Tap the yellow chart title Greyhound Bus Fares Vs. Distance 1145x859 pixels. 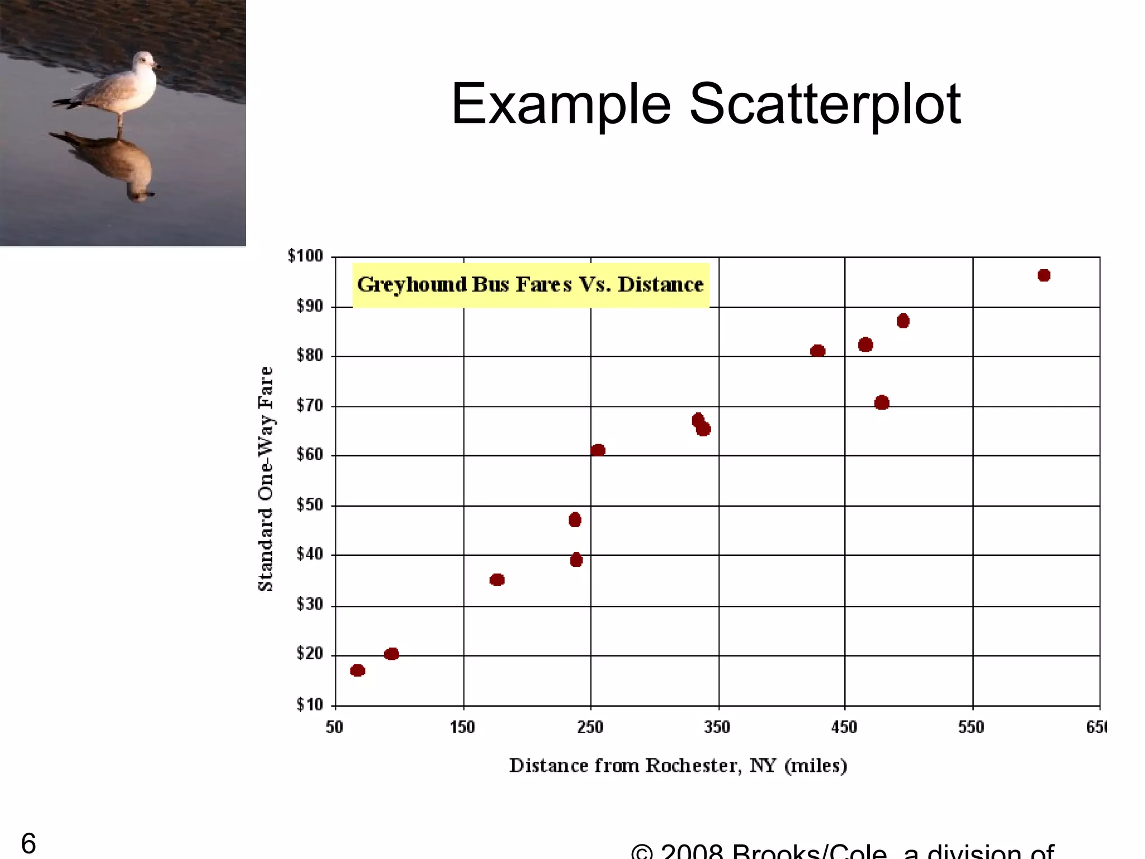click(x=530, y=285)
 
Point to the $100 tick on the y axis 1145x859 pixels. click(x=305, y=256)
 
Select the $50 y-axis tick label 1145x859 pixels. click(x=310, y=505)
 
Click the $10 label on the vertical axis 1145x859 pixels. click(x=310, y=705)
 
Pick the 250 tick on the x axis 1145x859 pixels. click(x=590, y=727)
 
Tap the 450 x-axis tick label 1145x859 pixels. click(x=844, y=727)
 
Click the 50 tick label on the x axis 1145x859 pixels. click(x=334, y=727)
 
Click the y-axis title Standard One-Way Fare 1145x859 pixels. click(x=266, y=479)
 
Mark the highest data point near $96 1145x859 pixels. click(x=1044, y=275)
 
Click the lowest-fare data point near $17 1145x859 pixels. click(x=357, y=670)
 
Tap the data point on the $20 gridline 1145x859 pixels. click(x=391, y=654)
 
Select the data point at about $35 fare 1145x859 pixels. click(x=497, y=580)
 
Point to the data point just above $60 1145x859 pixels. click(x=598, y=450)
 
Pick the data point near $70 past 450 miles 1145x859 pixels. click(x=882, y=403)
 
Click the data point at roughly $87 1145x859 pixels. click(x=903, y=321)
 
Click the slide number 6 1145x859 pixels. click(x=29, y=843)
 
